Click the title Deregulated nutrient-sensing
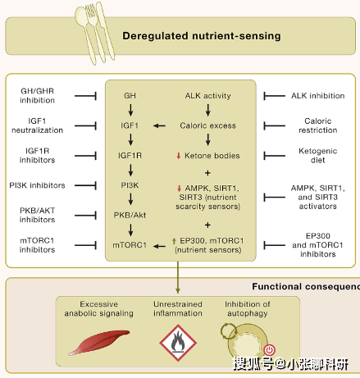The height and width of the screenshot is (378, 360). coord(202,36)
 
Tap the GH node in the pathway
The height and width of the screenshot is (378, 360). coord(130,96)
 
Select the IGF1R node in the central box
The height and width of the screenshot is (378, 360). coord(130,156)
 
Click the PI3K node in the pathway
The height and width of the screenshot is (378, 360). coord(130,185)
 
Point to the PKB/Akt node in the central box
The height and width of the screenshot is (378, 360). coord(130,215)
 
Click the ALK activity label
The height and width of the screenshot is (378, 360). coord(208,96)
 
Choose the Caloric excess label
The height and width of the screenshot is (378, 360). coord(208,125)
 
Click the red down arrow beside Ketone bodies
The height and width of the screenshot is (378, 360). coord(179,156)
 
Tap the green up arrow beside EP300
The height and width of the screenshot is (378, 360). coord(174,241)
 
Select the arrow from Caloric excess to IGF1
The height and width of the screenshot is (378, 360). coord(159,125)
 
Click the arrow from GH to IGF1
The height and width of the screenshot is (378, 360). coord(130,110)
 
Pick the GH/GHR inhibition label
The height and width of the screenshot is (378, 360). coord(37,95)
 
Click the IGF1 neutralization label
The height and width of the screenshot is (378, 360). coord(37,125)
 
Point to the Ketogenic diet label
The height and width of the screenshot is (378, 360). coord(318,155)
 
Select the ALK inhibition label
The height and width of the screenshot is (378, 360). coord(318,96)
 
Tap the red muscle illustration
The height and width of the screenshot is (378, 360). coord(99,343)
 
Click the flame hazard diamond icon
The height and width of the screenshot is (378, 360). coord(178,343)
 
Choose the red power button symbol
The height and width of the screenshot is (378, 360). coord(270,349)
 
